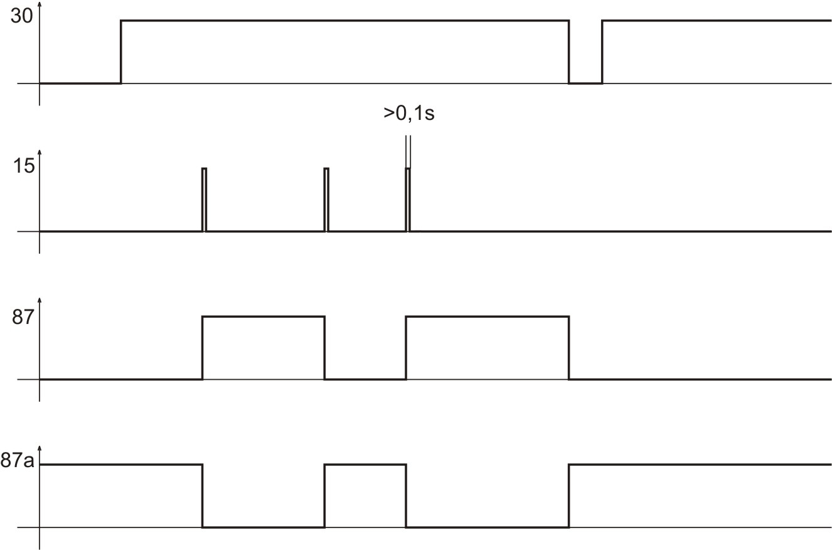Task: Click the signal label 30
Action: coord(21,16)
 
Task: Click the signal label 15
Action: coord(24,165)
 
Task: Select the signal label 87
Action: coord(23,317)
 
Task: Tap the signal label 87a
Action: coord(17,460)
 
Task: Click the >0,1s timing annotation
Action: coord(409,114)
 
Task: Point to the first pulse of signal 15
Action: coord(205,200)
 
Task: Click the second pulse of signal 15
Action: coord(326,200)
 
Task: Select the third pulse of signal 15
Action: coord(408,200)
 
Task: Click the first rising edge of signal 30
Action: coord(121,52)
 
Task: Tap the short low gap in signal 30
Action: coord(585,84)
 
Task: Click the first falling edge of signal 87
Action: coord(324,348)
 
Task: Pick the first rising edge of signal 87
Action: coord(203,348)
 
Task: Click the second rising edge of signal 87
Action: coord(406,348)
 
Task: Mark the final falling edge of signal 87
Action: coord(568,348)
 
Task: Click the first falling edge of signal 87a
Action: coord(203,496)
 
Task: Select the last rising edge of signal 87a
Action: coord(568,496)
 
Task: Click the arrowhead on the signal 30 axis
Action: coord(40,4)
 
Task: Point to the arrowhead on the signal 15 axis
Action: coord(40,153)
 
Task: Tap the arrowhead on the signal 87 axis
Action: coord(40,301)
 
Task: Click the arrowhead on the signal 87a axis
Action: coord(40,448)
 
